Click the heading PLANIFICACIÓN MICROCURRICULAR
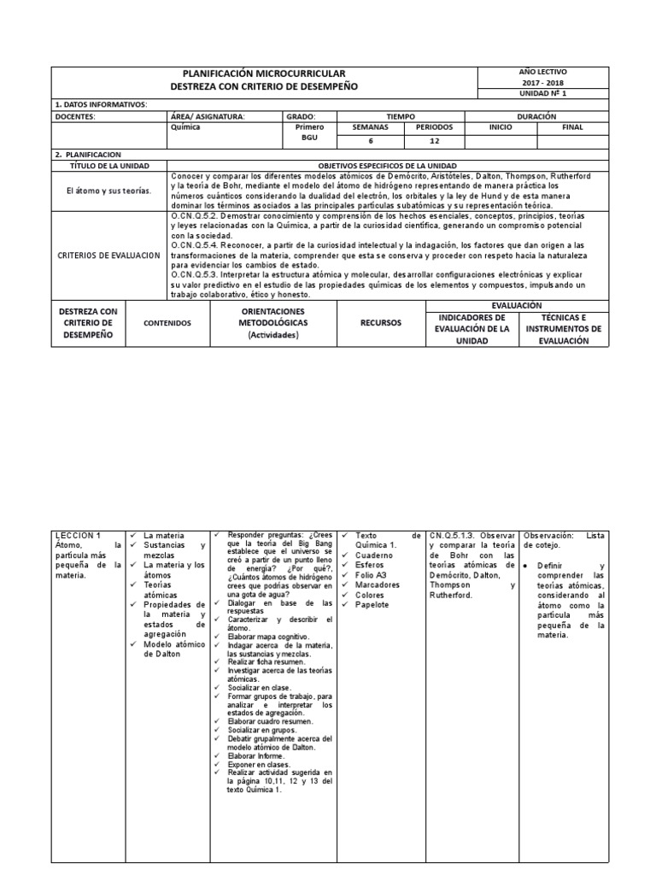click(265, 74)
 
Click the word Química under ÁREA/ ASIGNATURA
click(186, 127)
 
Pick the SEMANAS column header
click(370, 127)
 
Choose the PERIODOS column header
click(434, 127)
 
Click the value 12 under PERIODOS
click(434, 141)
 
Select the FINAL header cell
click(572, 127)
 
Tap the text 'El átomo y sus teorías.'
click(108, 191)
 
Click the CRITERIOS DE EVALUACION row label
click(108, 255)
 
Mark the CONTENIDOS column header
click(167, 323)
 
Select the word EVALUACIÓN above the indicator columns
click(517, 305)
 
